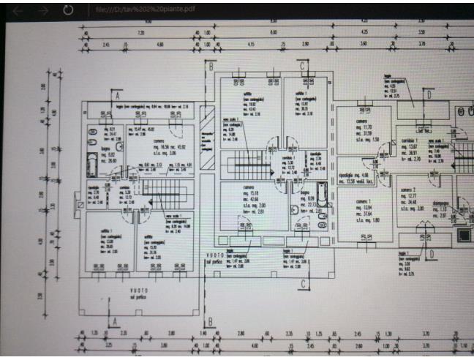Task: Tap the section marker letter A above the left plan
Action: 116,95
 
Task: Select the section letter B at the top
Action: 211,65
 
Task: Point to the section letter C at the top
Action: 301,65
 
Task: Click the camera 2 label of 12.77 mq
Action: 410,190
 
